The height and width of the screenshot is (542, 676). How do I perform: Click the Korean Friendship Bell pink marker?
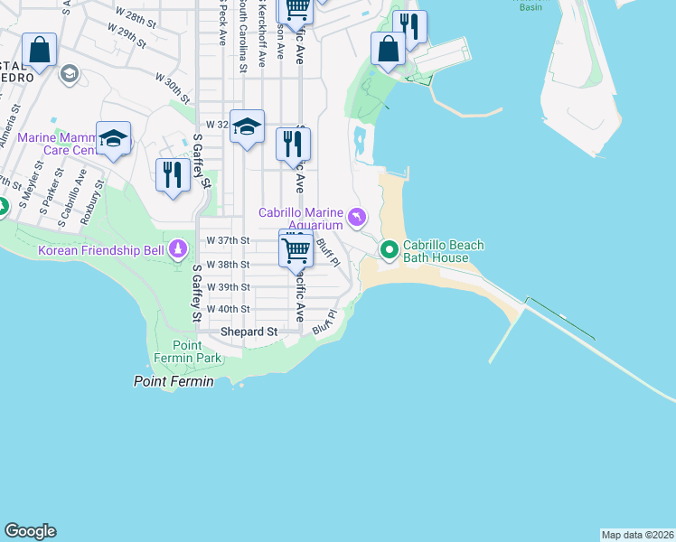click(179, 248)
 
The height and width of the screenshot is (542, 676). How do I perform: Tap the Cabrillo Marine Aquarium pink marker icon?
click(358, 218)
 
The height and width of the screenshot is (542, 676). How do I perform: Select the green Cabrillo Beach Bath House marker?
click(390, 249)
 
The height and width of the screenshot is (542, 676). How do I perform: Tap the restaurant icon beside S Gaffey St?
click(173, 173)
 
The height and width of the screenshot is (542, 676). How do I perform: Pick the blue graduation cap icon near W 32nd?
click(246, 126)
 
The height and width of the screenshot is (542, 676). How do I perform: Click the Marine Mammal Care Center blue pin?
click(114, 138)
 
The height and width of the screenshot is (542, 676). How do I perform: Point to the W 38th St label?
click(228, 265)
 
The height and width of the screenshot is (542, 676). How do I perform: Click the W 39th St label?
click(228, 286)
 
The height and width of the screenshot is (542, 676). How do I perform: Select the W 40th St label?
click(228, 308)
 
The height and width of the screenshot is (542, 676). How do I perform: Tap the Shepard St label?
click(249, 332)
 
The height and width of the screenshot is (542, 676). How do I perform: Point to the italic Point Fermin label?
click(174, 381)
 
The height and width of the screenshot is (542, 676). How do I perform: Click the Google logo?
click(30, 531)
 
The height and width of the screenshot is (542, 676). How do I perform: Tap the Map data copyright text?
click(637, 535)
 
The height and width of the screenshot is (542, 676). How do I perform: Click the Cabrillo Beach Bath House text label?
click(443, 251)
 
